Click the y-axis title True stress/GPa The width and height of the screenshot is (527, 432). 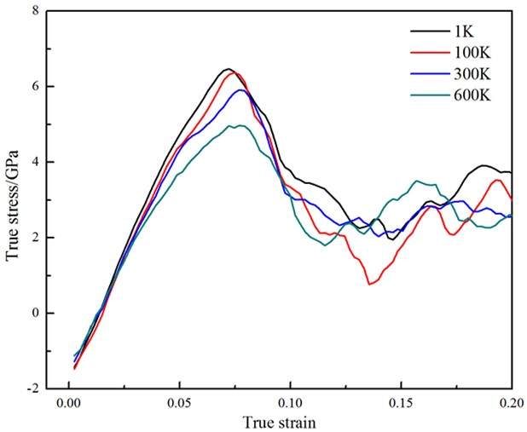tap(14, 199)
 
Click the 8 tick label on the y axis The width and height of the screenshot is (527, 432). tap(37, 11)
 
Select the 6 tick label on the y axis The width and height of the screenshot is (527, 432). tap(37, 87)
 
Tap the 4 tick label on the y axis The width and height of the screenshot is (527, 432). tap(37, 162)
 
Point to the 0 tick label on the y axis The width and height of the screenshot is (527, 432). tap(37, 313)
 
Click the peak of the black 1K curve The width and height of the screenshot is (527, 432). tap(227, 69)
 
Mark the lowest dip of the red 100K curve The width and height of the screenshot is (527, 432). tap(369, 284)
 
